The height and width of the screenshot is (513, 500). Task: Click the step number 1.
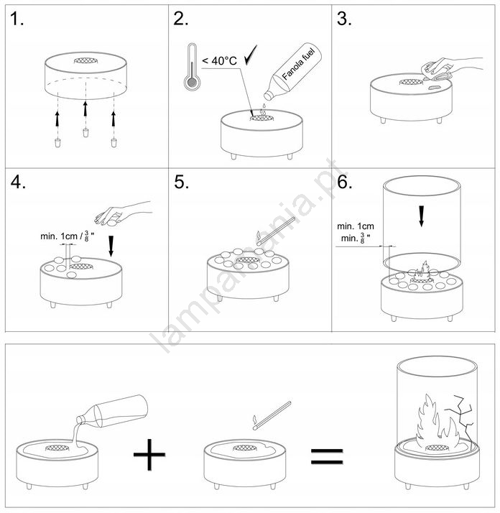17,19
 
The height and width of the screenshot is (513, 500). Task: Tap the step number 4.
18,182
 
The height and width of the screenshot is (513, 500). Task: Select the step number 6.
344,182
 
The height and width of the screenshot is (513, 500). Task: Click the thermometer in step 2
190,67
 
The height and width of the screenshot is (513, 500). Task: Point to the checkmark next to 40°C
251,55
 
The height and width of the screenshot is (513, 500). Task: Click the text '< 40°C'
219,61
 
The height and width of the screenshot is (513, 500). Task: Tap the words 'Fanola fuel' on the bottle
298,64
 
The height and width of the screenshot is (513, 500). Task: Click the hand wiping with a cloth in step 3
452,69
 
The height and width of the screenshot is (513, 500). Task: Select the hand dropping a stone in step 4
123,213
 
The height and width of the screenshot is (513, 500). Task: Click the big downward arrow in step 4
111,246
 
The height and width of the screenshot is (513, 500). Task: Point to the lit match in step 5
276,231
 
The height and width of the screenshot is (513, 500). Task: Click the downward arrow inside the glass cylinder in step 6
422,216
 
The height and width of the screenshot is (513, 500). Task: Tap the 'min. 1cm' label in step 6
356,226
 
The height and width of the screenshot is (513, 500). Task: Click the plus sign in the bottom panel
149,454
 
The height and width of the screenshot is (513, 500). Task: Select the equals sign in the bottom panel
327,457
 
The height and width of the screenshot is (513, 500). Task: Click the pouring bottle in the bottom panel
112,411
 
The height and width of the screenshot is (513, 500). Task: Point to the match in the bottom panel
272,415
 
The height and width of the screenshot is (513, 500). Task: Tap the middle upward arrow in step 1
85,109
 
